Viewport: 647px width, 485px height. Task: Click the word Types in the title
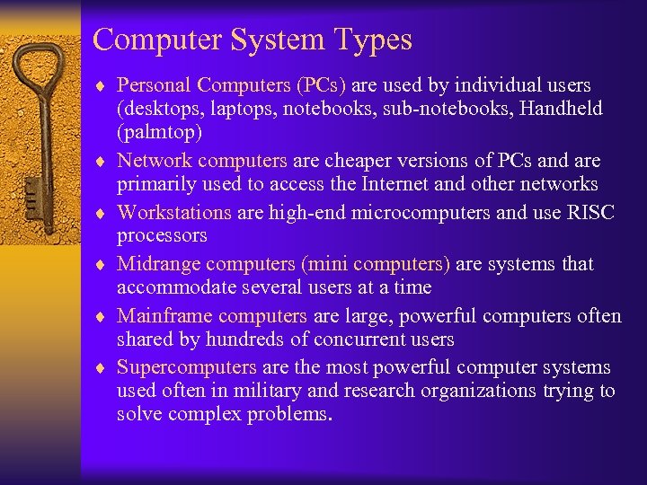(371, 40)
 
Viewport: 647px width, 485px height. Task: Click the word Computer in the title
(154, 40)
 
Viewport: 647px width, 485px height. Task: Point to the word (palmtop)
(159, 132)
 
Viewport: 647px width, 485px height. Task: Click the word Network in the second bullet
(155, 161)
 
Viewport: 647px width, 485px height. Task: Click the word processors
(162, 235)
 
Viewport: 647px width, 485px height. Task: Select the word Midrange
(159, 264)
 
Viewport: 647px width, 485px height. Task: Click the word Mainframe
(164, 316)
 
